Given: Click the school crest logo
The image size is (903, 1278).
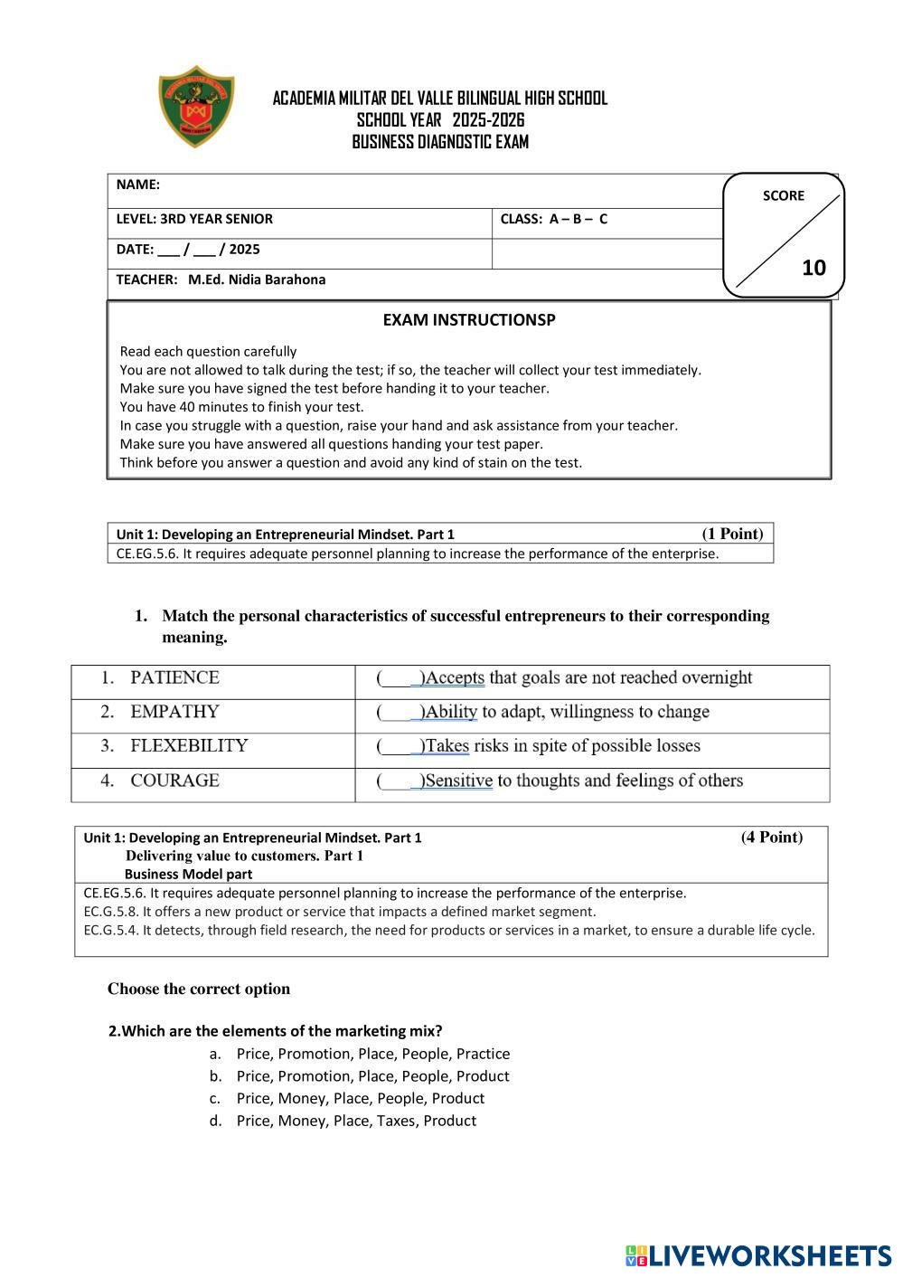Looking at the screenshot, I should pos(196,106).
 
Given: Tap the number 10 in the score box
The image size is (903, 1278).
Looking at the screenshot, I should pos(814,268).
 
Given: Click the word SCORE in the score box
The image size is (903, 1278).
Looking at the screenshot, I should pos(783,195).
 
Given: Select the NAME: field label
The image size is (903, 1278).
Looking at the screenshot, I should pos(138,185).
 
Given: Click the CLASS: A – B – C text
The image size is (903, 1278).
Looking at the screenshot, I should pos(553,219).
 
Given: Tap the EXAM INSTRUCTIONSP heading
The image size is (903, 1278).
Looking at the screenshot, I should pos(468,320).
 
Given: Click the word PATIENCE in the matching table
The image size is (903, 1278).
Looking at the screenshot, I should pos(174,677).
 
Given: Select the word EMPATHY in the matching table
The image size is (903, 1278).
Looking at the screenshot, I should pos(174,712).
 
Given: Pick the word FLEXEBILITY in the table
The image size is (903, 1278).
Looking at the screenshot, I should pos(188,746).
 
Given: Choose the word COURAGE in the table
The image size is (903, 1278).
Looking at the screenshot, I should pos(174,781).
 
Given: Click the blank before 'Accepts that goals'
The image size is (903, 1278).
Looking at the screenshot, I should pos(398,678).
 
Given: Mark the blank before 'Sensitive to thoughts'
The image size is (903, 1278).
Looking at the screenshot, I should pos(398,781).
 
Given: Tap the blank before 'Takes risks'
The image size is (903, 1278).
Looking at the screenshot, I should pos(398,746).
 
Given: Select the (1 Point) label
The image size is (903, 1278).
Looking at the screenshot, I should pos(732,534).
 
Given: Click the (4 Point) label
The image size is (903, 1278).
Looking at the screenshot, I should pos(771,837).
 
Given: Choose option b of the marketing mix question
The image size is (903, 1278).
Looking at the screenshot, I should pos(372,1076).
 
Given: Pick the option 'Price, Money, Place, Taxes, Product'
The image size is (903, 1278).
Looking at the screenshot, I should pos(356,1121).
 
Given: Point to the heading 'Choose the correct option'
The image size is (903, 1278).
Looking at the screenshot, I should pos(199,989).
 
